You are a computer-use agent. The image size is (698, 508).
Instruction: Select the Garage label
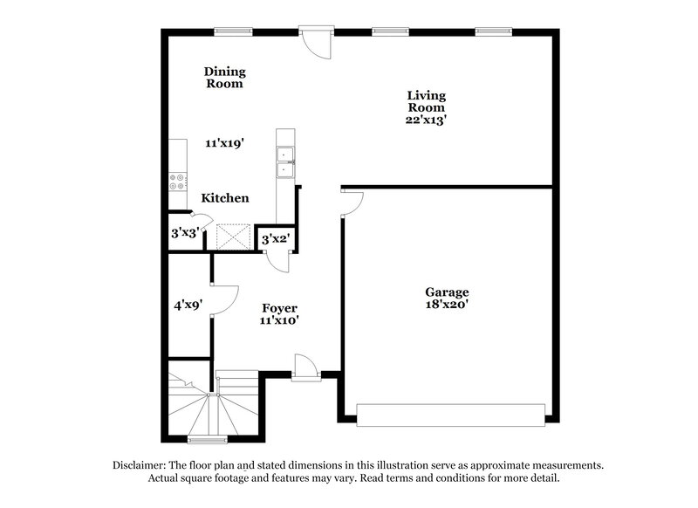pyautogui.click(x=447, y=292)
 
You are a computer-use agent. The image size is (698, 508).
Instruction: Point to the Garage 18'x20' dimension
pyautogui.click(x=448, y=305)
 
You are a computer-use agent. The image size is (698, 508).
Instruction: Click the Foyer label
pyautogui.click(x=280, y=308)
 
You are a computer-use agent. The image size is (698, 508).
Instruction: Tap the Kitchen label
pyautogui.click(x=225, y=198)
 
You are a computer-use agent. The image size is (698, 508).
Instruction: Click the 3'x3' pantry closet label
pyautogui.click(x=184, y=234)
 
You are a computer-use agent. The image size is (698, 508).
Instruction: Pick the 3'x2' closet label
pyautogui.click(x=277, y=238)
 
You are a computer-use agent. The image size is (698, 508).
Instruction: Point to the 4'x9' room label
pyautogui.click(x=188, y=306)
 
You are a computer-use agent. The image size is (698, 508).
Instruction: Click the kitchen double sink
pyautogui.click(x=284, y=161)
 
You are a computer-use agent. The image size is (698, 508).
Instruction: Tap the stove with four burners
pyautogui.click(x=177, y=181)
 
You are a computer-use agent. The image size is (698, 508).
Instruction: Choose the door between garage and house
pyautogui.click(x=352, y=202)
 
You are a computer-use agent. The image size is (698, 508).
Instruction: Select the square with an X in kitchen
pyautogui.click(x=233, y=236)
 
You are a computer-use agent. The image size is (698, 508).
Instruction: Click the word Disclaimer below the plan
pyautogui.click(x=143, y=465)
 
